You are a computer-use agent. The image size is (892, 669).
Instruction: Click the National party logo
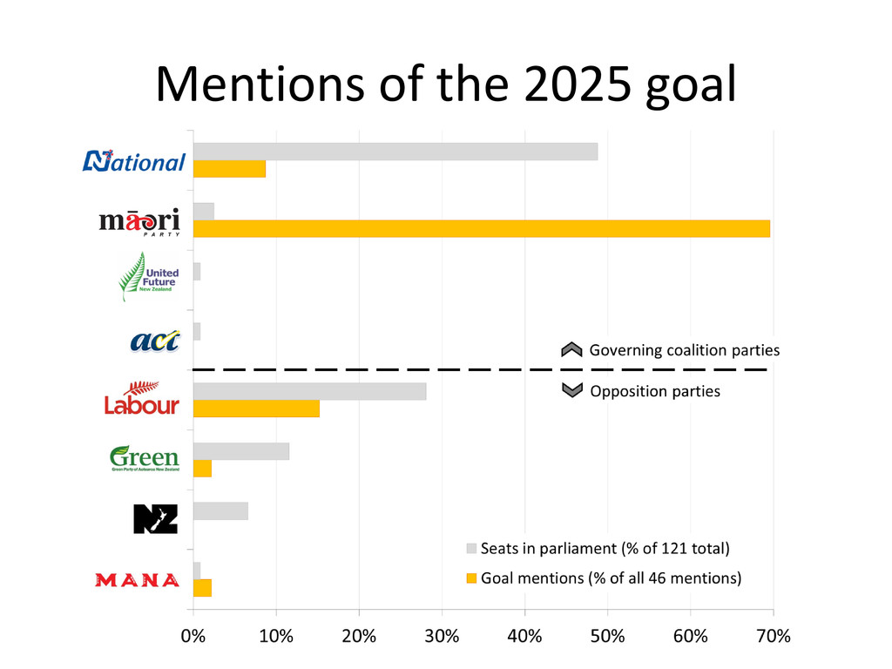point(134,160)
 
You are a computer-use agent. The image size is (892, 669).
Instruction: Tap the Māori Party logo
point(139,221)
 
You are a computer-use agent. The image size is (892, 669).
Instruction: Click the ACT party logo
point(154,340)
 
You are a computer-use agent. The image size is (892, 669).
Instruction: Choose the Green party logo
point(145,458)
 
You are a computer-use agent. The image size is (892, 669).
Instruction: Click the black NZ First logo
point(155,518)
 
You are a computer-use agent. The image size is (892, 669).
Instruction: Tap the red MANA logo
point(137,579)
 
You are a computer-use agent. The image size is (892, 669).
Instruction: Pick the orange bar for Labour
point(256,409)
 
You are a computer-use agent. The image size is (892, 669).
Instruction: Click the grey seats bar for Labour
point(309,391)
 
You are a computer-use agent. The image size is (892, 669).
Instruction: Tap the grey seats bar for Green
point(240,451)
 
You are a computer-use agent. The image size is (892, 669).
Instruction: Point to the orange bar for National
point(229,169)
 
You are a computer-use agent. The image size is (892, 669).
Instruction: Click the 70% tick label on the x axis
point(772,635)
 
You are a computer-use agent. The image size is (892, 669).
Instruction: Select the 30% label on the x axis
point(442,635)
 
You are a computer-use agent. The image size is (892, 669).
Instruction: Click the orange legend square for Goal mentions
point(471,577)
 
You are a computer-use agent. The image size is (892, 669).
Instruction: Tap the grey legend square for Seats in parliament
point(471,549)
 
